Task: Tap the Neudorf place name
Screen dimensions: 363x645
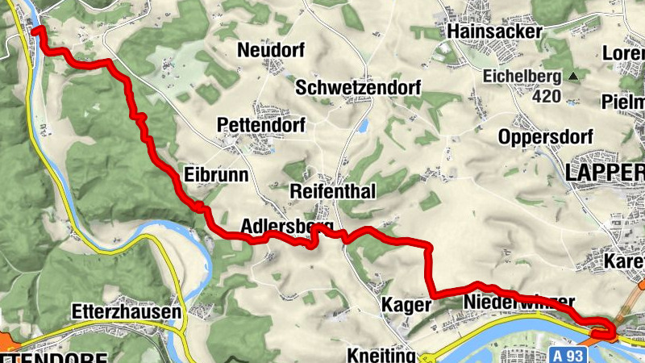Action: [x=271, y=50]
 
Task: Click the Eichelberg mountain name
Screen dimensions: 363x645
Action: [x=522, y=77]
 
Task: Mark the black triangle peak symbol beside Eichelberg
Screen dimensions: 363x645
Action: [x=573, y=77]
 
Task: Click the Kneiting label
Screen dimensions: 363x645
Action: [x=380, y=355]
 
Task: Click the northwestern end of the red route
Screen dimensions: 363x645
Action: [x=36, y=30]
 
